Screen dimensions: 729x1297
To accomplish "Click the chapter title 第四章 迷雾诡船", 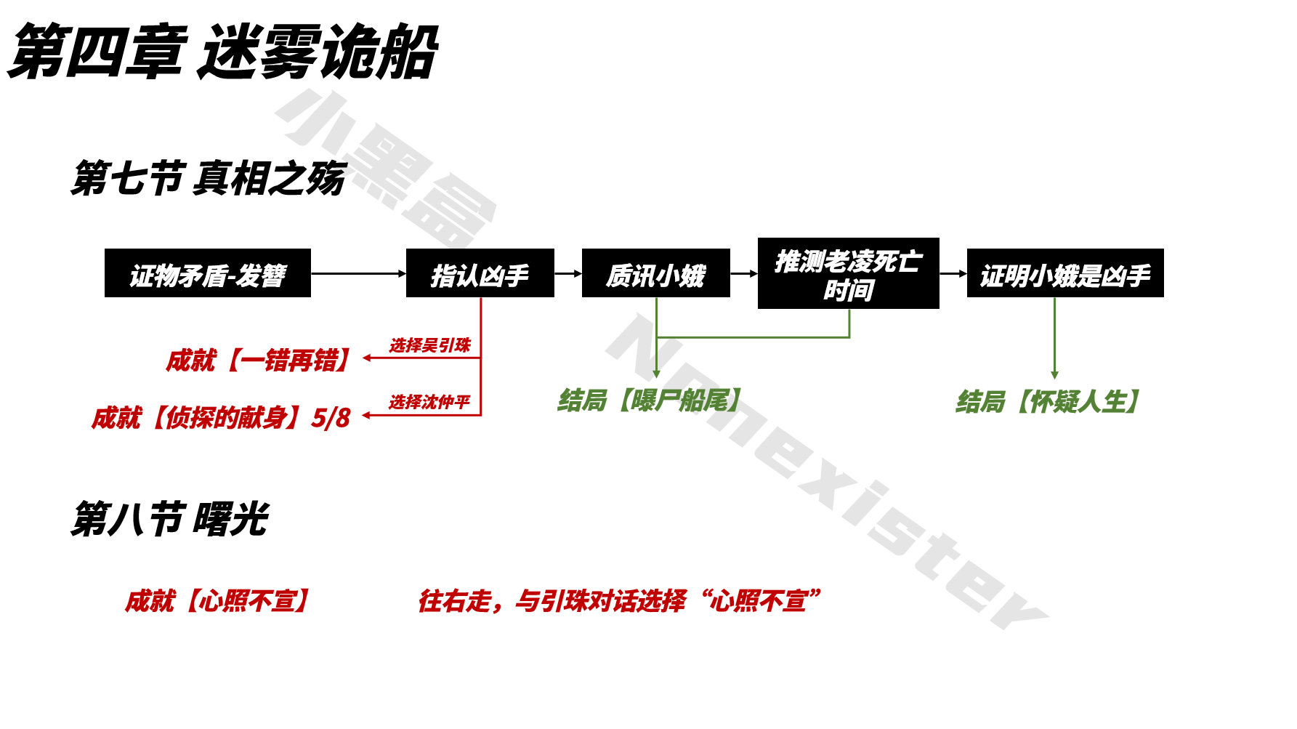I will coord(222,52).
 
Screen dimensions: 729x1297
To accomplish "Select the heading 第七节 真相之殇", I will coord(208,178).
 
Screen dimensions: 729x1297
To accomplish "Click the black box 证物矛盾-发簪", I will coord(207,274).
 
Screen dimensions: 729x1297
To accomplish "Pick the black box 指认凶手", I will coord(480,274).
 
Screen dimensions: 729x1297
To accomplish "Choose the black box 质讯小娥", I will coord(655,274).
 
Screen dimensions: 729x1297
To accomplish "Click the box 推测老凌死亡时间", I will coord(848,274).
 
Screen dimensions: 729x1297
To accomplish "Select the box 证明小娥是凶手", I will coord(1064,274).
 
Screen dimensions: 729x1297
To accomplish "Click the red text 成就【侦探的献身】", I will coord(196,418).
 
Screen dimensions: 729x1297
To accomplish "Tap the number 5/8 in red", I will coord(331,418).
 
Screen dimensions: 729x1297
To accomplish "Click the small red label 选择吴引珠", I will coord(430,345).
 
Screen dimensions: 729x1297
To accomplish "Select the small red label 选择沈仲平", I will coord(429,402).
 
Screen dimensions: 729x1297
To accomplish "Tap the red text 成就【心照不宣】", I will coord(218,601).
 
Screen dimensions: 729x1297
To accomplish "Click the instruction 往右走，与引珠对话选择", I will coord(552,601).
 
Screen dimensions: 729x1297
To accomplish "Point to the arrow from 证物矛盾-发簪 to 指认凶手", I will coord(358,274).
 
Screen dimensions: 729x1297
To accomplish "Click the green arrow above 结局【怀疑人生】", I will coord(1054,338).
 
